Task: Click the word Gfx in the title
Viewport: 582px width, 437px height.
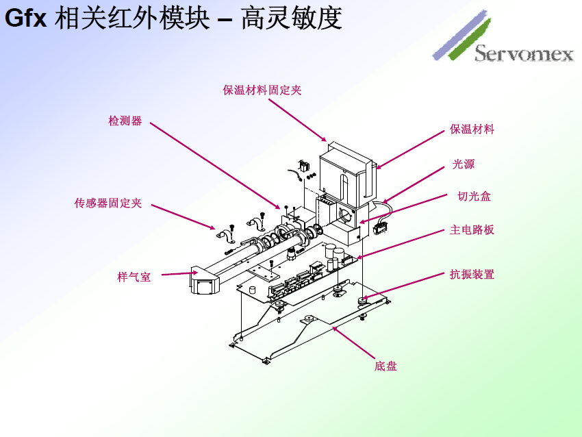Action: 26,18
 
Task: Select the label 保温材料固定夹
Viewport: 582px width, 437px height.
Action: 262,90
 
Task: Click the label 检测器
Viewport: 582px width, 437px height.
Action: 125,121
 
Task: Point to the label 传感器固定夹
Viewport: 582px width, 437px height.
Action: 108,203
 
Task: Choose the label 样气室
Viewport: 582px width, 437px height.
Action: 134,277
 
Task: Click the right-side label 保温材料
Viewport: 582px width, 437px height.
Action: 472,129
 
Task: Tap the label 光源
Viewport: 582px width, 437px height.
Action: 463,164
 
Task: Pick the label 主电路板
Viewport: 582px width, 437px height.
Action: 472,230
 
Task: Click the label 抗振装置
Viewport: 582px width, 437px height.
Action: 472,275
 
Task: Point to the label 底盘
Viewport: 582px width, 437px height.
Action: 385,366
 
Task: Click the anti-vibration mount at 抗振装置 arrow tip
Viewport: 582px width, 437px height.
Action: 362,299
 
